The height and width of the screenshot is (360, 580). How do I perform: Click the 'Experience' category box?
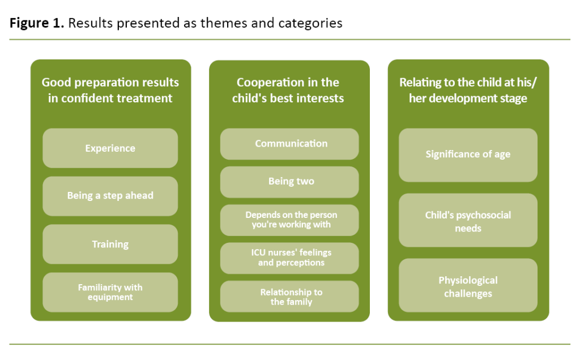(x=110, y=148)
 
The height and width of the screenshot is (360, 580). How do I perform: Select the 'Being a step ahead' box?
(x=110, y=196)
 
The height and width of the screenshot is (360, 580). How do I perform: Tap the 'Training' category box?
(x=110, y=245)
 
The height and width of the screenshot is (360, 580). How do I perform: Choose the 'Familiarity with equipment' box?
(x=110, y=292)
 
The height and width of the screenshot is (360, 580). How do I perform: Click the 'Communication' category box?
(x=289, y=144)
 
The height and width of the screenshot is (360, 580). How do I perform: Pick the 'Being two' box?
(x=289, y=182)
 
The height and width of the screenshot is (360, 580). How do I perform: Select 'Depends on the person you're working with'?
(x=289, y=220)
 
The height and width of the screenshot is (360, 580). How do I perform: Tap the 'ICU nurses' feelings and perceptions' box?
(x=289, y=258)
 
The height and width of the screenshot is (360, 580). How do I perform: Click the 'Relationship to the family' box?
(x=289, y=297)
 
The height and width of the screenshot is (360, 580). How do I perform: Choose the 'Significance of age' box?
(x=468, y=155)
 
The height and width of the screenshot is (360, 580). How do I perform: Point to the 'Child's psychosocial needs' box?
(x=468, y=221)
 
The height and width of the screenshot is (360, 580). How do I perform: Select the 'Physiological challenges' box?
(x=468, y=286)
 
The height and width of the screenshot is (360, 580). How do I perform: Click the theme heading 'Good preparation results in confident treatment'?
(x=110, y=90)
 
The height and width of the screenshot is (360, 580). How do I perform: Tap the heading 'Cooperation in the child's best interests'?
(x=288, y=90)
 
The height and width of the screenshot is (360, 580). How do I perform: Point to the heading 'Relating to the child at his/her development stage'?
(x=468, y=90)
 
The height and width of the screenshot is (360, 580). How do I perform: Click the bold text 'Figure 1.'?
(x=34, y=23)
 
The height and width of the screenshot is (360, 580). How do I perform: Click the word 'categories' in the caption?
(x=314, y=23)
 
